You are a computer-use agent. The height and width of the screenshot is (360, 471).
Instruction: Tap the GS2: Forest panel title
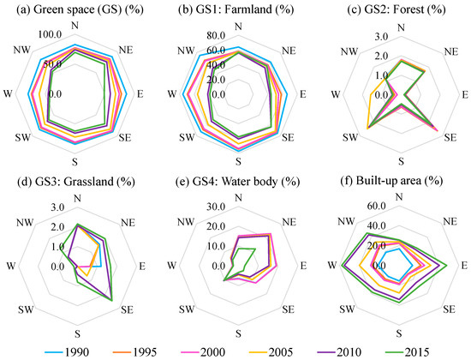click(x=391, y=9)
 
